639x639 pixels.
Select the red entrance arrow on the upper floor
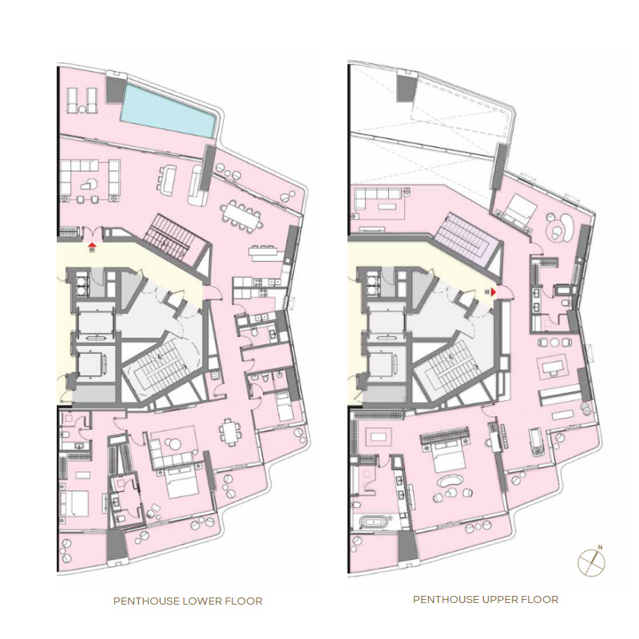(494, 292)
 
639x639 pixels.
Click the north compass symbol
(591, 560)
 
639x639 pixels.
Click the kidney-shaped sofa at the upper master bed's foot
(451, 483)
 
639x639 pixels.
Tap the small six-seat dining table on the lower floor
(232, 433)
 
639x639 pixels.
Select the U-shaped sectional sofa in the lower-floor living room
(92, 180)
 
